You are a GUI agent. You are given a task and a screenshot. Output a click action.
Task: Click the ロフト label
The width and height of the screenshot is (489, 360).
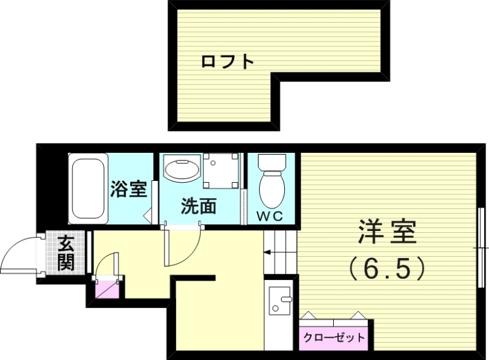(x=227, y=62)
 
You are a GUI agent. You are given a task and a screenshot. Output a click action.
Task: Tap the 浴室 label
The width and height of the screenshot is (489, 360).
(x=128, y=189)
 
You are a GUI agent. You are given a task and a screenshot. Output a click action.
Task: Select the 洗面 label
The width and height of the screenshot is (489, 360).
(x=198, y=207)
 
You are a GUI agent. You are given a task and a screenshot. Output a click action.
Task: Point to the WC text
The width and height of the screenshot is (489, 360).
(x=270, y=215)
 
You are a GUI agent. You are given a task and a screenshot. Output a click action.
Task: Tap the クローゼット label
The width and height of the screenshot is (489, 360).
(x=333, y=337)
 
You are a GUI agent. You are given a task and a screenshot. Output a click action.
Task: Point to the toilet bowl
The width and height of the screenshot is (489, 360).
(x=271, y=189)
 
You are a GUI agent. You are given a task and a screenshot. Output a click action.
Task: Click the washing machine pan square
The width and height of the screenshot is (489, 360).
(x=221, y=171)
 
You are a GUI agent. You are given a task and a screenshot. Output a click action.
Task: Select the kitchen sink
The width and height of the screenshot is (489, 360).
(x=280, y=301)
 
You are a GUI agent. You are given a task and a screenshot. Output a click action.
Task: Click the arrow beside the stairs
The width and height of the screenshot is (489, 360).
(x=268, y=251)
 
